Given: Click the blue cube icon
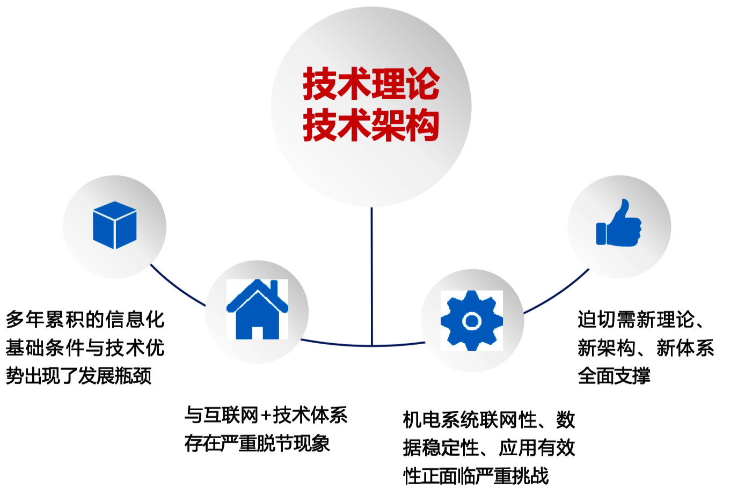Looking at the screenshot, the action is (115, 225).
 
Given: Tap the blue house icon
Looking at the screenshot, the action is (258, 309).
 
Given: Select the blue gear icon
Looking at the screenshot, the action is (472, 321).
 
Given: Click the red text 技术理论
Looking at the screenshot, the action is (371, 84).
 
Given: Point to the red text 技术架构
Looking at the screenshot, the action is (371, 125).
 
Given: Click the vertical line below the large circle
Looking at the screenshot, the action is (371, 276).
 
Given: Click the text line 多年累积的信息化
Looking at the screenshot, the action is (85, 319).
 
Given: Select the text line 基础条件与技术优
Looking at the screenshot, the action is (85, 347).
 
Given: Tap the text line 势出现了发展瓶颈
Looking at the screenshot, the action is (79, 376).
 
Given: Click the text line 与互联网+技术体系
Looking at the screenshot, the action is (266, 415).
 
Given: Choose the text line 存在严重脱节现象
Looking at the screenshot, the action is (257, 443).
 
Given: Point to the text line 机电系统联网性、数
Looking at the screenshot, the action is (489, 420).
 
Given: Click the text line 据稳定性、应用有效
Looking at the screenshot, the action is (489, 448).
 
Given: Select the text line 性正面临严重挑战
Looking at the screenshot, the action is (476, 476).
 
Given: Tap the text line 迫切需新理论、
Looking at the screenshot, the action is (641, 319).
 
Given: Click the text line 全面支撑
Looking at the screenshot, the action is (614, 376).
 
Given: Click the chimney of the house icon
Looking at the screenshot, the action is (274, 289).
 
